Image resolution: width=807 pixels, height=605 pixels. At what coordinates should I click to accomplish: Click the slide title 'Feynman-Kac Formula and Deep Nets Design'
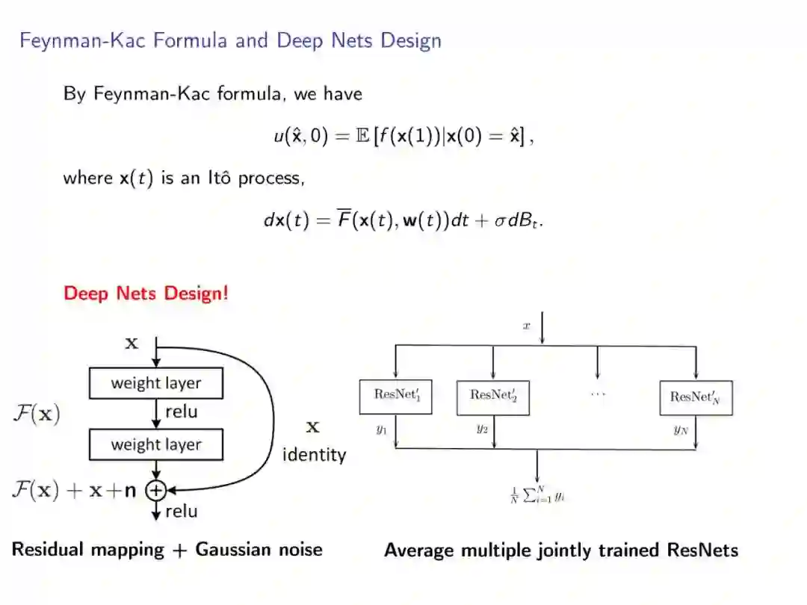230,40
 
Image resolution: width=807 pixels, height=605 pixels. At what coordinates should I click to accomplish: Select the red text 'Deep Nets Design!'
146,293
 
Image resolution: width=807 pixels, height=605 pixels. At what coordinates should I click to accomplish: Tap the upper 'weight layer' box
156,383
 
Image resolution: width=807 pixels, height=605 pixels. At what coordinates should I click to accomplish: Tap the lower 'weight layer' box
156,444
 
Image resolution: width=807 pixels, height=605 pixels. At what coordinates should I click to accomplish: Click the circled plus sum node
155,490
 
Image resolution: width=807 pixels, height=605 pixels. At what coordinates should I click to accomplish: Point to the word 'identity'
314,454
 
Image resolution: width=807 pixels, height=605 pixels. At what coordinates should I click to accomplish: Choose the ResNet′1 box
395,397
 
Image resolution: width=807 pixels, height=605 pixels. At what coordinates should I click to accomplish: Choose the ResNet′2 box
493,397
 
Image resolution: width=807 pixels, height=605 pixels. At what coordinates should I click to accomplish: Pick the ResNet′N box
696,398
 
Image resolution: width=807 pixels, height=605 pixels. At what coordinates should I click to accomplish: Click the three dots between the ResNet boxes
598,394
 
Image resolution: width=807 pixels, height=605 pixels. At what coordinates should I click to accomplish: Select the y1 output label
381,430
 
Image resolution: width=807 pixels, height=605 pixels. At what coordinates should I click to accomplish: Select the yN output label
680,430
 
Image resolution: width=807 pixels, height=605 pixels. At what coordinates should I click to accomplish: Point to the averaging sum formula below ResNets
537,494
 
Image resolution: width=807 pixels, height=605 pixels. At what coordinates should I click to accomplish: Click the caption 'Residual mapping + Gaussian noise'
167,550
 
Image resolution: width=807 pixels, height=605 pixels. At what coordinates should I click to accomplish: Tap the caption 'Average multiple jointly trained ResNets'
561,550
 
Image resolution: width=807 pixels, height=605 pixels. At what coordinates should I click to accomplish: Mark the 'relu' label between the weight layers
182,412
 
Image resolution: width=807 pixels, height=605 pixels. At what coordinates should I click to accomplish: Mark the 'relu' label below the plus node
182,512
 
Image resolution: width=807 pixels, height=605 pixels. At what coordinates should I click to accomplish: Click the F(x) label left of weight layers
36,413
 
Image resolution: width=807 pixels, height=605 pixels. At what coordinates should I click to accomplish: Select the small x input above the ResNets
526,326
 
